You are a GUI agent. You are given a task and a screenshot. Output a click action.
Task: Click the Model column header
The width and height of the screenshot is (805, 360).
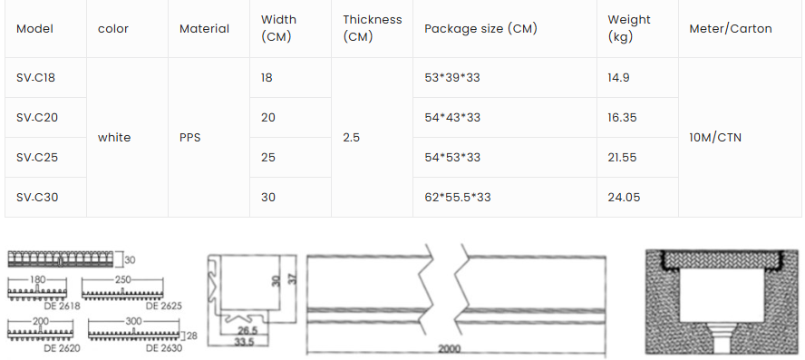pos(34,29)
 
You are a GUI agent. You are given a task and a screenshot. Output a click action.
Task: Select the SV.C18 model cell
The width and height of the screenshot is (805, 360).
pos(35,78)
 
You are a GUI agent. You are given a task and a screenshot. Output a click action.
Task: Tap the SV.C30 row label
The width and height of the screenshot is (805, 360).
pos(37,197)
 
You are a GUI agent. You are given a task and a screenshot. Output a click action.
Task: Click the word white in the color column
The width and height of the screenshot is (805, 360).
pos(114,138)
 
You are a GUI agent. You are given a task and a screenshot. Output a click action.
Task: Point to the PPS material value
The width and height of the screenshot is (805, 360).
pos(190,138)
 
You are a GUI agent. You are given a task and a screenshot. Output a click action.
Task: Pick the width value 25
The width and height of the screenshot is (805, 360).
pos(268,157)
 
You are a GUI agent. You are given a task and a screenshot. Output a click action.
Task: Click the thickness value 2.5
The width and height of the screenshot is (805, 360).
pos(351,138)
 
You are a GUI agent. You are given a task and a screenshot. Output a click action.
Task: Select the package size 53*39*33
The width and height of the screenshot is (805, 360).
pos(452,78)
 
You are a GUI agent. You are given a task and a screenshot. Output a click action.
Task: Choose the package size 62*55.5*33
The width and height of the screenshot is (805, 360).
pos(458,197)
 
